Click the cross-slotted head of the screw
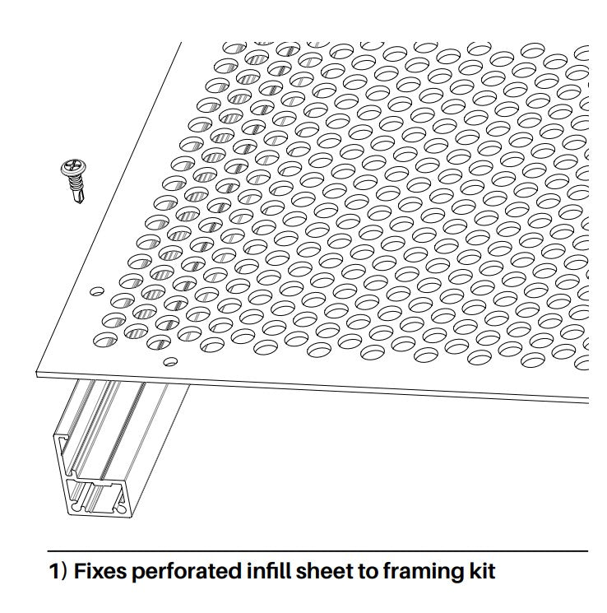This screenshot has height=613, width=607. (73, 168)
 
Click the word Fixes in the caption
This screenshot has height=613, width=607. (100, 571)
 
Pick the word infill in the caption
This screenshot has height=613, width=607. (269, 571)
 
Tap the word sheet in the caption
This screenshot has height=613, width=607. (324, 571)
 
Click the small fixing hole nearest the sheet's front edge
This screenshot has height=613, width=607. (170, 361)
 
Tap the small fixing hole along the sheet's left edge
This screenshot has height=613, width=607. (97, 291)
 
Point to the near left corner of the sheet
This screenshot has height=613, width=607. (36, 374)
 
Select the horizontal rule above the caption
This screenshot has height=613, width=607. (317, 551)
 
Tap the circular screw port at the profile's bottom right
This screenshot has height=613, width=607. (122, 509)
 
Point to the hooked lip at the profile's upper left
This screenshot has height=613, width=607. (62, 439)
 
